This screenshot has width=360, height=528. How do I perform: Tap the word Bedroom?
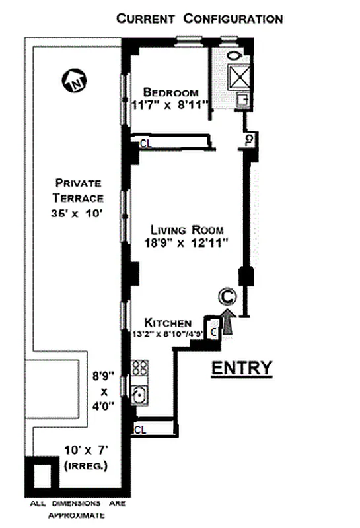click(x=168, y=92)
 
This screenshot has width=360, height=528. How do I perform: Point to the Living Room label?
click(x=187, y=230)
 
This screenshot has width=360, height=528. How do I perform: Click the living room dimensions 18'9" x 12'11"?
click(x=187, y=242)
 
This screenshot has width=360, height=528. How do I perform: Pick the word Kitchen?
click(x=168, y=323)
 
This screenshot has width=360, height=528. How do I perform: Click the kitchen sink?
click(x=139, y=395)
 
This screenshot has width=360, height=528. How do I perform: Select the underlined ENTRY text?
click(x=241, y=368)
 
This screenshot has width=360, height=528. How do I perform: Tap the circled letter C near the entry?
click(x=227, y=298)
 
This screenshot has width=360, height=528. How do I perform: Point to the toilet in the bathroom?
click(x=236, y=55)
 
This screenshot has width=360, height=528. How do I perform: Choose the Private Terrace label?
click(x=79, y=190)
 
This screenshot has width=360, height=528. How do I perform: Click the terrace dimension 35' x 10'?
click(x=79, y=213)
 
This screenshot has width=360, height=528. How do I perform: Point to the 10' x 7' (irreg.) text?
click(x=78, y=461)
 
